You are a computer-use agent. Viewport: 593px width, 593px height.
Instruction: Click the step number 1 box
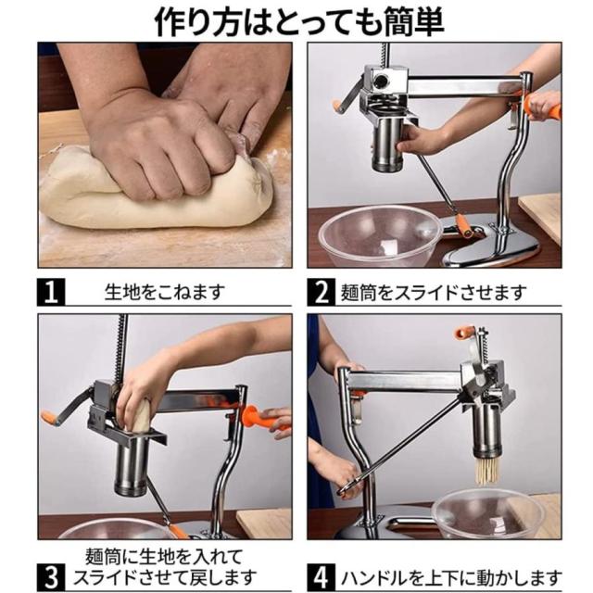51,292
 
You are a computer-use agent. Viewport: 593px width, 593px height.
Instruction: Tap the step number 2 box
322,292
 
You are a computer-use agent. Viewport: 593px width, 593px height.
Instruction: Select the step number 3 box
51,577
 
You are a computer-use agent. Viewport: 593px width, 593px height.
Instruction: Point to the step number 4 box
322,577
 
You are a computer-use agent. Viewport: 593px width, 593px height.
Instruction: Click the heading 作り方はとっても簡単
299,22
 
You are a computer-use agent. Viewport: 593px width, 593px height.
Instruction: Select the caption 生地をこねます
165,292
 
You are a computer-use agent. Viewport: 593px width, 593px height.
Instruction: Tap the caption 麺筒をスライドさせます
434,293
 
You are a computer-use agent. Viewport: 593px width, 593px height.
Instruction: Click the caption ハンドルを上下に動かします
451,577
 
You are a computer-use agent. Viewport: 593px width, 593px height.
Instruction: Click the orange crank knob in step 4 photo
464,332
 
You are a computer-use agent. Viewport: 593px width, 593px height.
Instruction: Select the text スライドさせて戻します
165,577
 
